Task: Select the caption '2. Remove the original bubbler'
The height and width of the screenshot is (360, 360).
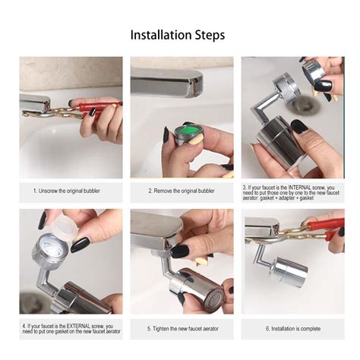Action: point(181,191)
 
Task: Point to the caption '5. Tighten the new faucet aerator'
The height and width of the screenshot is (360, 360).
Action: point(181,329)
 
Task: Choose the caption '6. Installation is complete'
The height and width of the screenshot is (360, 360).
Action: point(292,329)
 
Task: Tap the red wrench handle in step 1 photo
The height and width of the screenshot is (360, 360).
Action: point(100,107)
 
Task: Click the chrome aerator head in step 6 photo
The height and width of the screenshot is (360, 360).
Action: point(292,270)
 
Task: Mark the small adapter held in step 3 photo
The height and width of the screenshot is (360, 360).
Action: point(313,71)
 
